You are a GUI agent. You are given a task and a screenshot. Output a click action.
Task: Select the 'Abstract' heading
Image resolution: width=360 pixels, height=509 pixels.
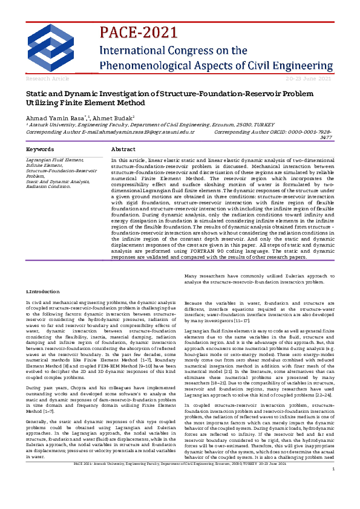click(x=123, y=149)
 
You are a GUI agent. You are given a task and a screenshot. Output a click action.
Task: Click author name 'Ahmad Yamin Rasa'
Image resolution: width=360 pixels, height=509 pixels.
click(x=48, y=117)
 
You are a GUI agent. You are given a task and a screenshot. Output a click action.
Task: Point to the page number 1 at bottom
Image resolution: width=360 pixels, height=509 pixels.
click(x=333, y=503)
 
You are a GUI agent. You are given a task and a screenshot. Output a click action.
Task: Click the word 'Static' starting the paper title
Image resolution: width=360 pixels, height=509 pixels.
click(x=36, y=94)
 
